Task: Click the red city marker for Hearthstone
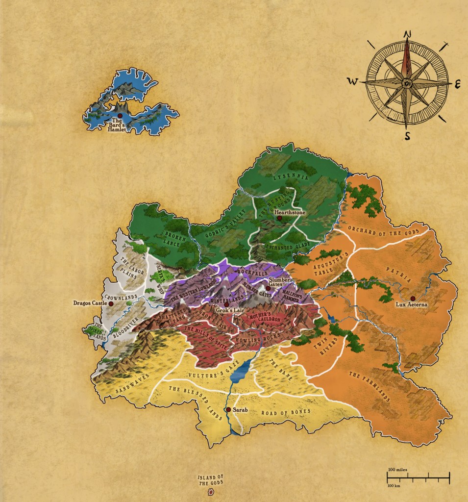click(279, 218)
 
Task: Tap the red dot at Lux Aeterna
click(413, 299)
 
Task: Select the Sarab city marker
click(228, 409)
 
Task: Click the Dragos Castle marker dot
click(111, 304)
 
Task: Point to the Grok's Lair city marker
click(226, 304)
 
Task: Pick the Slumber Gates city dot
click(268, 288)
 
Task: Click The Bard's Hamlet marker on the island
click(120, 115)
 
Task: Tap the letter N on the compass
click(406, 34)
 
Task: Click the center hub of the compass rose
click(407, 84)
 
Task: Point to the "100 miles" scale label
click(397, 470)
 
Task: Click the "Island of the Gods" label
click(210, 480)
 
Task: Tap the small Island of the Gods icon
click(212, 492)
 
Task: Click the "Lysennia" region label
click(292, 177)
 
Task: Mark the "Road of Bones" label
click(280, 413)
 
